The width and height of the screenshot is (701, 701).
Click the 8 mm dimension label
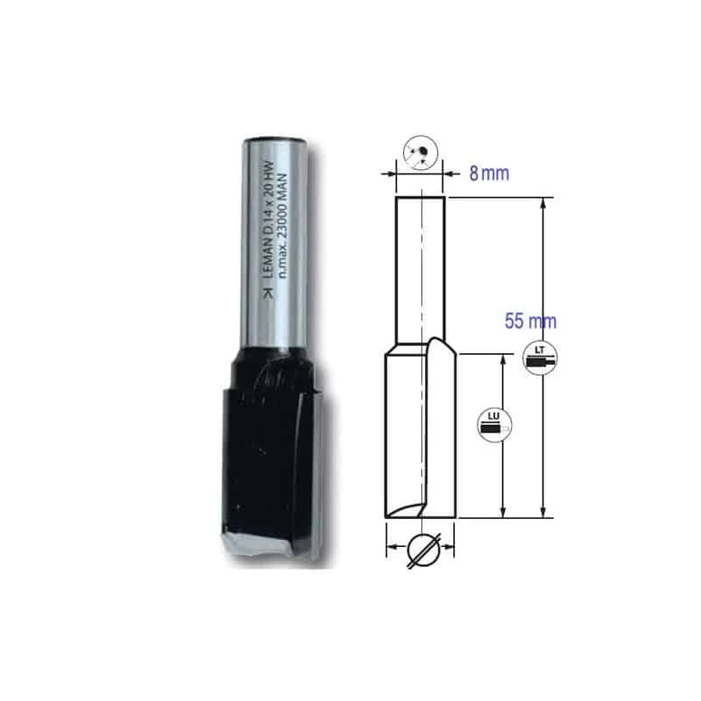[489, 173]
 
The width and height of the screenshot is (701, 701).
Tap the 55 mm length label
[530, 322]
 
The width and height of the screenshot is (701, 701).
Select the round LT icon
[540, 358]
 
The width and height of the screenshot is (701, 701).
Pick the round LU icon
[493, 424]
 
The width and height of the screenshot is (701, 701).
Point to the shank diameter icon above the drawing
[421, 152]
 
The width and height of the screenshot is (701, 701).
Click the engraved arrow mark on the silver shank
[268, 294]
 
